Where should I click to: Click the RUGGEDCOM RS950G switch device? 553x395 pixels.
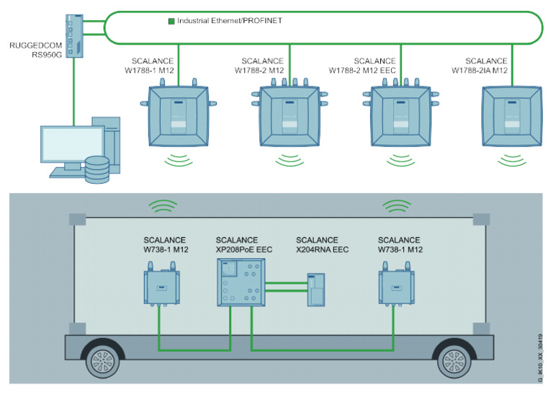pos(74,36)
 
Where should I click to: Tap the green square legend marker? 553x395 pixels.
pos(171,21)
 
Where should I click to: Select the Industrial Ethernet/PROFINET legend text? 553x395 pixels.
pos(230,21)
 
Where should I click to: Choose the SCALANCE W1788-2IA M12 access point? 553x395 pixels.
pos(512,116)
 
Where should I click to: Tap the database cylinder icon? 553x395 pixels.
pos(97,170)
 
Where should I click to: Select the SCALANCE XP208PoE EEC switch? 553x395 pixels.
pos(241,283)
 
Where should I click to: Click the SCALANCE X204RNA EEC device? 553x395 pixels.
pos(316,290)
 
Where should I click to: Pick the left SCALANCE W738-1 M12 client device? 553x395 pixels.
pos(162,284)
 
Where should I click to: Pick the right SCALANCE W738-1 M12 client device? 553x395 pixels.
pos(397,284)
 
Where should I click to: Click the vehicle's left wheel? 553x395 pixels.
pos(103,360)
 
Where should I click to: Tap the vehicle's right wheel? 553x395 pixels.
pos(454,360)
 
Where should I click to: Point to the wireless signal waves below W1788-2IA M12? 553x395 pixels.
pos(512,160)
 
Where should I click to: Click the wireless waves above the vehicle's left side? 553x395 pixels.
pos(163,206)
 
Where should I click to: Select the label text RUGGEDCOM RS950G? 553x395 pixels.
pos(35,50)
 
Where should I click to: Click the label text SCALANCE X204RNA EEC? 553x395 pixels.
pos(322,244)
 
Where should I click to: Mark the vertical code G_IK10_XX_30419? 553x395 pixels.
pos(540,358)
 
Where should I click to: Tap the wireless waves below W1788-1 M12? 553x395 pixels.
pos(179,160)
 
